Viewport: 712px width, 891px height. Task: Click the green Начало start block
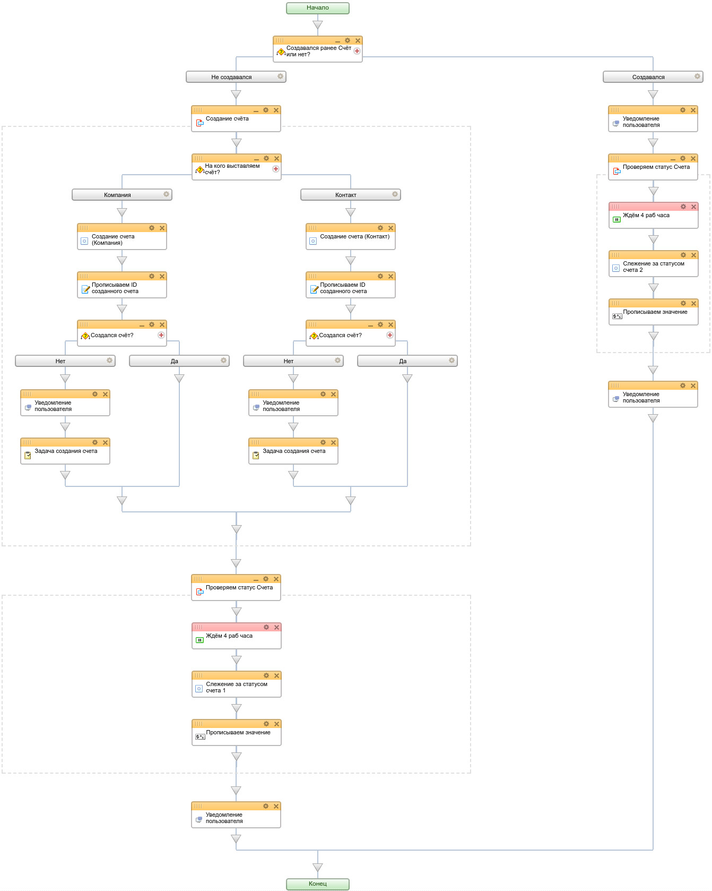click(318, 8)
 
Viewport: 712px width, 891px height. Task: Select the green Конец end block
click(318, 884)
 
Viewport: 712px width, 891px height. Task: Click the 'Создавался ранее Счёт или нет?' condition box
click(318, 49)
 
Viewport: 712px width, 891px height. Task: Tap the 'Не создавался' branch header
click(236, 77)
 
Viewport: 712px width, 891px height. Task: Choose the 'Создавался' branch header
click(653, 77)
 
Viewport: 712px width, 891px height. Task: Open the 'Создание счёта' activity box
click(236, 119)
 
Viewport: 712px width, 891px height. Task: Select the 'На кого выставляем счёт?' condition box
click(237, 167)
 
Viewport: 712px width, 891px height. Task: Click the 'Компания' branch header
click(122, 195)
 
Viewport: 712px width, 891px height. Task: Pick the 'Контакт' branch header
click(351, 195)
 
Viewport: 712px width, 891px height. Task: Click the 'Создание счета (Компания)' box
click(122, 237)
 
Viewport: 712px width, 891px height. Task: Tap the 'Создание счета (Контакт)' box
click(351, 237)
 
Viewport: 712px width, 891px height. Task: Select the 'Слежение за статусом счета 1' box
click(237, 684)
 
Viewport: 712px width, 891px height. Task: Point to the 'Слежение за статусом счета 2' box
click(654, 264)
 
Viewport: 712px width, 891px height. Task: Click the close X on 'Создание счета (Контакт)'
click(390, 228)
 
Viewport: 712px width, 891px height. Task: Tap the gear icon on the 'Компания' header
click(166, 194)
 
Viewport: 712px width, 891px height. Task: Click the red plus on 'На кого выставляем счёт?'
click(276, 169)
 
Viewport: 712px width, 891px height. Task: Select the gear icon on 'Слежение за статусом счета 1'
click(266, 675)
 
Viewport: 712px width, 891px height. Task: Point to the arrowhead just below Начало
click(318, 25)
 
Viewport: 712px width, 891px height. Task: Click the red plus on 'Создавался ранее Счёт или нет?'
click(357, 51)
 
